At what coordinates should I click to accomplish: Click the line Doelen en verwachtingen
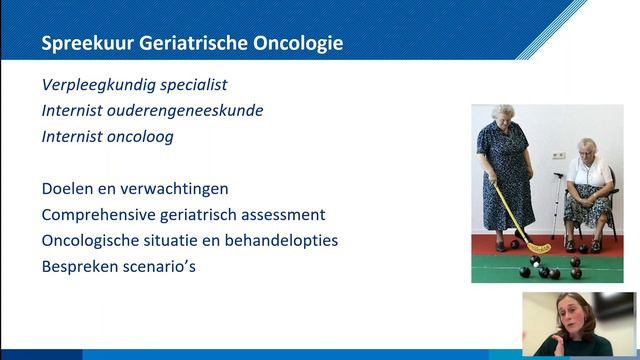135,189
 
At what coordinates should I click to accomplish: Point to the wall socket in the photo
560,157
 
